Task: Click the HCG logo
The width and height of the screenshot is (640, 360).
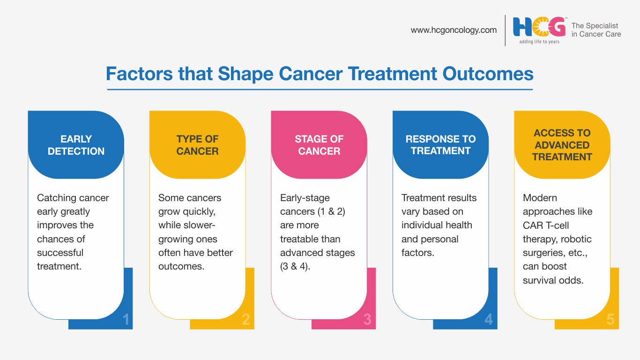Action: tap(539, 27)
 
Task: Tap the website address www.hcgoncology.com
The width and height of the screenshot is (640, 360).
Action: tap(454, 30)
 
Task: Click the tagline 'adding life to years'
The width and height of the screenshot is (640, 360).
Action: tap(539, 42)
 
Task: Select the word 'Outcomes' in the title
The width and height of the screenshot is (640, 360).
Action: tap(488, 74)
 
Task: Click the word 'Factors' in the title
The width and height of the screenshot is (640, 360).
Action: tap(139, 74)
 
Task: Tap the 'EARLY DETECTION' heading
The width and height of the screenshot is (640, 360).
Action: tap(76, 145)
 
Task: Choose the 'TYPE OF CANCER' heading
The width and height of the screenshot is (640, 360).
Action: tap(197, 145)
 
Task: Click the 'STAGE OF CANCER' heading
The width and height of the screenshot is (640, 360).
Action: tap(319, 145)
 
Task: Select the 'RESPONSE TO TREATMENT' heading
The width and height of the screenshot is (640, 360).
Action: tap(440, 145)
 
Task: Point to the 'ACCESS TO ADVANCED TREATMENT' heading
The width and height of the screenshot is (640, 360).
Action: tap(562, 145)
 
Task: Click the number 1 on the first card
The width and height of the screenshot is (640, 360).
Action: tap(126, 319)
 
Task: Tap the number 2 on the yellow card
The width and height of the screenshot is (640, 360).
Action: tap(246, 319)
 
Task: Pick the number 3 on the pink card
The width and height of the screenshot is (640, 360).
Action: tap(367, 319)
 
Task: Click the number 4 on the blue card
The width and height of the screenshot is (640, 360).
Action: tap(489, 319)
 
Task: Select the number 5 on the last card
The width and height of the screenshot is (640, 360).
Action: tap(610, 319)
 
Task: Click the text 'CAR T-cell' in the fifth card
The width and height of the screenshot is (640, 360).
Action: tap(546, 225)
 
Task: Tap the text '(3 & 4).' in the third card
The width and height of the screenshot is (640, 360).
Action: tap(295, 267)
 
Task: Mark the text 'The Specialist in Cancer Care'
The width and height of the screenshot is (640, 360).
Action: tap(596, 30)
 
